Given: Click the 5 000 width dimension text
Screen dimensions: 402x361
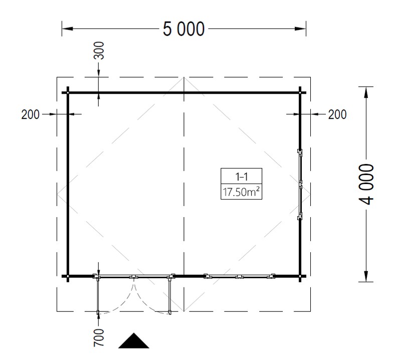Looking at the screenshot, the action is [183, 29].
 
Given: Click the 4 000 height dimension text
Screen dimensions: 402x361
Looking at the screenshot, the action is [366, 185].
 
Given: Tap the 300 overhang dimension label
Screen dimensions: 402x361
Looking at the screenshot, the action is [99, 51].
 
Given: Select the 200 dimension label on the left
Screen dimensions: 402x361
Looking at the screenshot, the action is [30, 114].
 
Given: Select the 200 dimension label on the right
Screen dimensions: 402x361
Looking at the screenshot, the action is [337, 114].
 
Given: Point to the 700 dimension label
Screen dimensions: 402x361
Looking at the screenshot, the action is [99, 337].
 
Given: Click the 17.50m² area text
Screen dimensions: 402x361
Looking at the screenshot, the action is [241, 192].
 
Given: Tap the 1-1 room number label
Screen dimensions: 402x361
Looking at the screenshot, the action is [241, 176].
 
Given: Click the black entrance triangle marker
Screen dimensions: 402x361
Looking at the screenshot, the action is [133, 340].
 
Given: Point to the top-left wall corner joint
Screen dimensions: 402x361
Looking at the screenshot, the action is [68, 93].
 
